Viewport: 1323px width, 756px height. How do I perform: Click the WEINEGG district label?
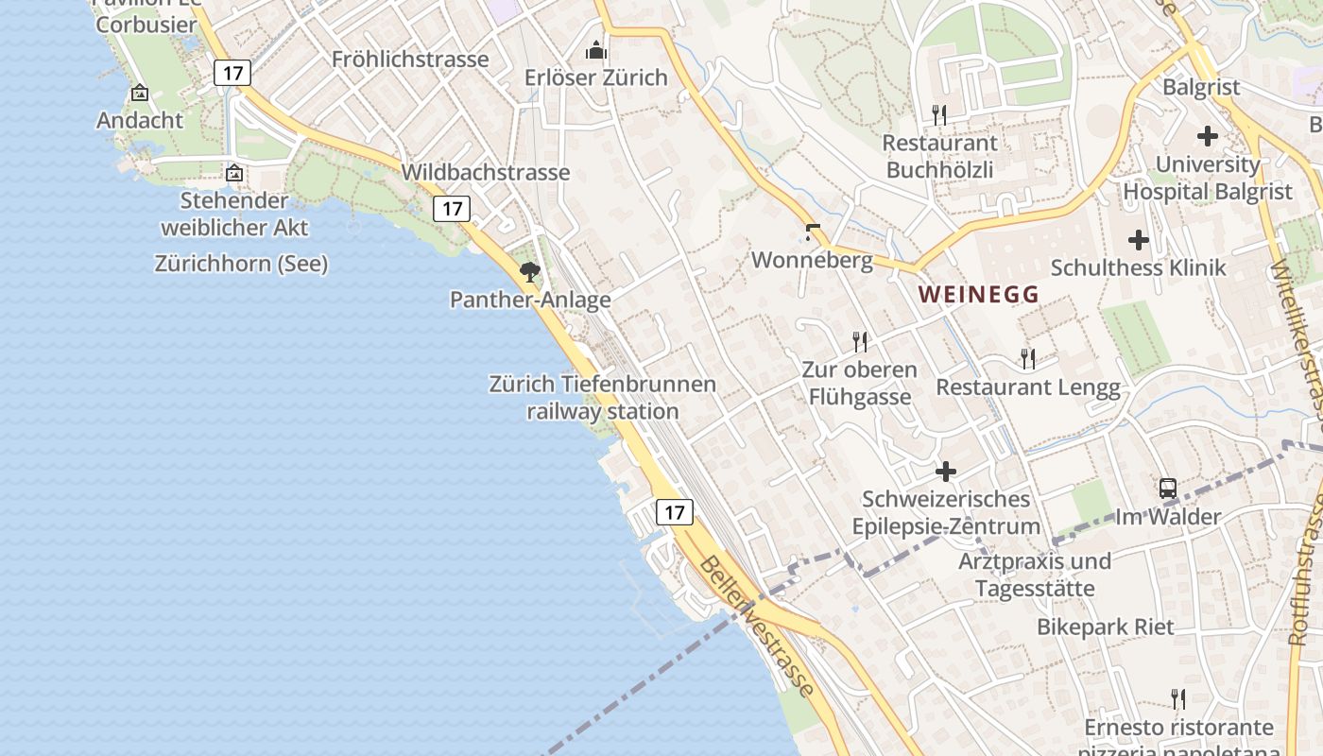click(x=978, y=295)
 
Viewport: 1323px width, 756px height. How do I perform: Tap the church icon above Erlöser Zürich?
click(x=596, y=49)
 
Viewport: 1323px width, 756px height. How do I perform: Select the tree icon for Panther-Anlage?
click(x=530, y=273)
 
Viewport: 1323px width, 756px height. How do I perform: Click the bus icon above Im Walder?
click(x=1168, y=489)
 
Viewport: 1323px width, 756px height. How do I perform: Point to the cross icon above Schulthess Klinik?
click(x=1139, y=240)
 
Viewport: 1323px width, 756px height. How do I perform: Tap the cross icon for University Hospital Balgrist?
click(x=1207, y=136)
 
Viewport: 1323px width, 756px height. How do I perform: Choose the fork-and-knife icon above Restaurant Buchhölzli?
click(x=938, y=115)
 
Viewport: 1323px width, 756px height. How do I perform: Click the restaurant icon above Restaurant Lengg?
click(x=1027, y=359)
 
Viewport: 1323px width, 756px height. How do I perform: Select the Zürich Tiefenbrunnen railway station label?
click(x=603, y=398)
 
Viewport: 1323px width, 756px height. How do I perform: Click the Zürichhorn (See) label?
click(x=241, y=264)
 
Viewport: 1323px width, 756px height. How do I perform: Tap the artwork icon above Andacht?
click(x=140, y=93)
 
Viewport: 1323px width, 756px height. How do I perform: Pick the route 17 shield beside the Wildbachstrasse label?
click(x=452, y=209)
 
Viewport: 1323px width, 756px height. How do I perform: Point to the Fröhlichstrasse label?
click(x=410, y=60)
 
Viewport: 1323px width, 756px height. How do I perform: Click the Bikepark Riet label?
click(x=1106, y=627)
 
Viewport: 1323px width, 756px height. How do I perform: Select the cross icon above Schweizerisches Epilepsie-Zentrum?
click(x=946, y=471)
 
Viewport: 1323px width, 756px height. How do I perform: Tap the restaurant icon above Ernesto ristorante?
click(x=1177, y=699)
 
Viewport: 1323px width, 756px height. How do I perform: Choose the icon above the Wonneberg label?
click(x=811, y=232)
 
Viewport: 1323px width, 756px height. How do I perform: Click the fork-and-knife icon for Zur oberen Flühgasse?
click(x=859, y=341)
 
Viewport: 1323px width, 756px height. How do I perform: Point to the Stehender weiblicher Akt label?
click(x=234, y=214)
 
